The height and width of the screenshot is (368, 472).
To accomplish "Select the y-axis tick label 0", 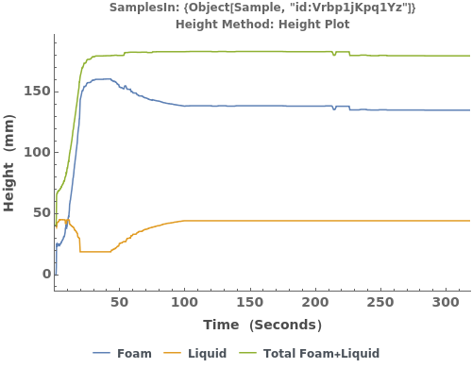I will [x=43, y=275].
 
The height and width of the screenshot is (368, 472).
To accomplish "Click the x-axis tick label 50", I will [x=120, y=303].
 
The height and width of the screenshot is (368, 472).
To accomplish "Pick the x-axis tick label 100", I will [x=185, y=303].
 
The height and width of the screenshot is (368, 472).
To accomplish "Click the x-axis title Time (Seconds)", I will [x=262, y=326].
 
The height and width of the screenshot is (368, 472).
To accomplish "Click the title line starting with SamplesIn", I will [x=262, y=8].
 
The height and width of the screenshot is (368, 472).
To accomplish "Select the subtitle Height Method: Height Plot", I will [x=262, y=24].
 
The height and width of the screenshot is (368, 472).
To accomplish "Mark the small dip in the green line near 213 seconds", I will [x=334, y=56].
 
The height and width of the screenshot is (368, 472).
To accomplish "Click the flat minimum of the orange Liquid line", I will [x=95, y=251].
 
